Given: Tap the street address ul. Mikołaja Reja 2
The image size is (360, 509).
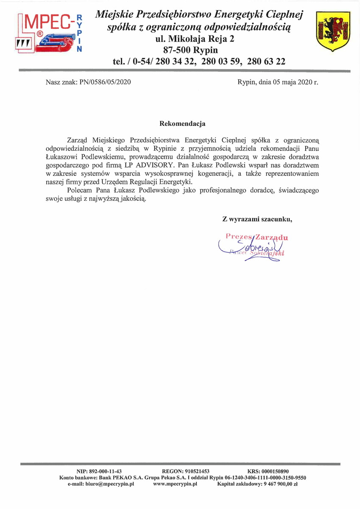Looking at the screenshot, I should [x=195, y=39].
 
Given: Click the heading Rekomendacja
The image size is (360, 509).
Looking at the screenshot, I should [x=182, y=124].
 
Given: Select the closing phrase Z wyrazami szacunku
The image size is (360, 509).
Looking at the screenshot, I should [x=257, y=219].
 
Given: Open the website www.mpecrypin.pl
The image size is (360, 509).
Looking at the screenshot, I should [x=176, y=484].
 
